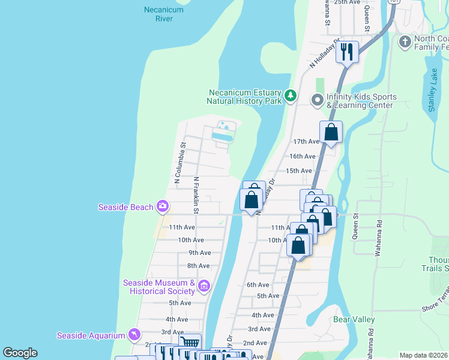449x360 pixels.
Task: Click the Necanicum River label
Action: tap(158, 14)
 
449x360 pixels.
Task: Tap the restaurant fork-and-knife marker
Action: tap(346, 52)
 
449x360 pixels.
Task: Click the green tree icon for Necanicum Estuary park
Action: tap(291, 95)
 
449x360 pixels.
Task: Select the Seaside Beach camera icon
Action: tap(162, 206)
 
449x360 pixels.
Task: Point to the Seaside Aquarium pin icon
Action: tap(134, 334)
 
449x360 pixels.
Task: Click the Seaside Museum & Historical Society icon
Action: tap(203, 286)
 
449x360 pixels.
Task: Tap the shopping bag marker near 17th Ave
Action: tap(331, 131)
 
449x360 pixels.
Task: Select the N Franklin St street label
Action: tap(196, 195)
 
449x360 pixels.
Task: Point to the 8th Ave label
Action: tap(198, 266)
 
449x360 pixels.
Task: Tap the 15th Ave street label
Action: tap(298, 171)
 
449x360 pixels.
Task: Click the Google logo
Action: tap(20, 353)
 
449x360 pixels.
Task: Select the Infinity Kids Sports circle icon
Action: tap(317, 100)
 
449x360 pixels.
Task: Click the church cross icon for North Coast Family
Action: tap(405, 41)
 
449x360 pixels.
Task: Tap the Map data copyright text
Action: tap(423, 355)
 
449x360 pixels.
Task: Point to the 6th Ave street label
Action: tap(257, 285)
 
